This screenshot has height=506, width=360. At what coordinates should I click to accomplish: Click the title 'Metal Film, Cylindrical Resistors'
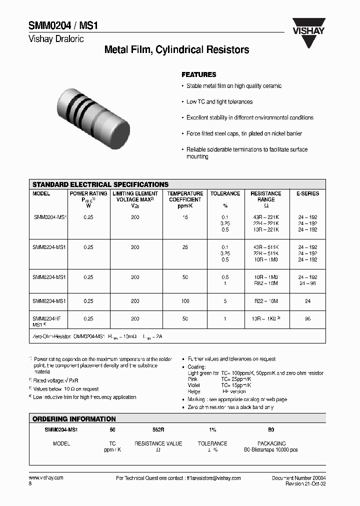[x=176, y=50]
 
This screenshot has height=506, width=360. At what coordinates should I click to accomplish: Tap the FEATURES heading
[x=198, y=74]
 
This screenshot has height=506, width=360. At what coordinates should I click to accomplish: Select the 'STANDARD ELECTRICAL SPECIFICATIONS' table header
[x=100, y=184]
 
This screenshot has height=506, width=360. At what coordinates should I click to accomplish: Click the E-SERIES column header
[x=307, y=193]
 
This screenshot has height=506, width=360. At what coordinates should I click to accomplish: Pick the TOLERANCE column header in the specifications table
[x=225, y=193]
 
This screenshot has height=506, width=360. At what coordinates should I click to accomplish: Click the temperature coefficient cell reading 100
[x=185, y=301]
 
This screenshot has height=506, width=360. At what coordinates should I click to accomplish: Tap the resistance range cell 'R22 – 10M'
[x=265, y=301]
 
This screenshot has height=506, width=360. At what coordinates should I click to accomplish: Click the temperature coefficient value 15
[x=185, y=217]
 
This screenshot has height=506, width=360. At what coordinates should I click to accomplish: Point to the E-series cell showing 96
[x=307, y=318]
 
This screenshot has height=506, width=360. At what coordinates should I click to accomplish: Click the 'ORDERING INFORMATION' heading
[x=74, y=419]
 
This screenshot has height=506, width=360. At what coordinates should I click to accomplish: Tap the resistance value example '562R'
[x=158, y=429]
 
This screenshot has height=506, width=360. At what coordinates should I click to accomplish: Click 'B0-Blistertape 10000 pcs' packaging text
[x=271, y=449]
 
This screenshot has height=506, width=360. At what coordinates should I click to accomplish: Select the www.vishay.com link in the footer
[x=46, y=478]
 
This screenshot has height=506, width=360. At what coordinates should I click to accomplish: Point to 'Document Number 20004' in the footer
[x=298, y=478]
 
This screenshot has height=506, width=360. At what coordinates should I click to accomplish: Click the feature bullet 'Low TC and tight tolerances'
[x=219, y=101]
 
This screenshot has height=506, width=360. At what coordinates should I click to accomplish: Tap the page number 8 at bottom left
[x=30, y=484]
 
